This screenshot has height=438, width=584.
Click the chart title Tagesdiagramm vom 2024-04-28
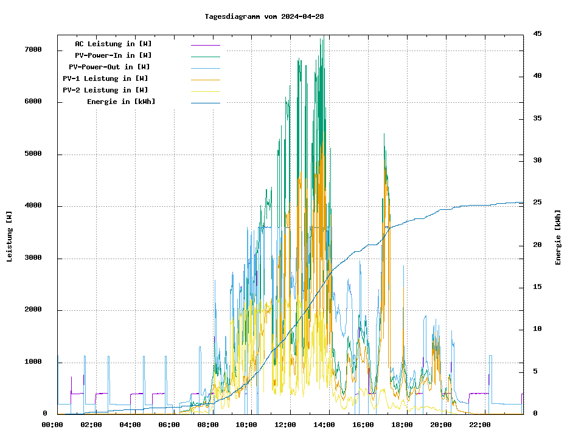pos(264,16)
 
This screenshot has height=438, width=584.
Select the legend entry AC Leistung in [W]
pos(113,44)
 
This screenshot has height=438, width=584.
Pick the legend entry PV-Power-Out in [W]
pos(109,67)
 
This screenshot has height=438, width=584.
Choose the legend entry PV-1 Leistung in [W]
pos(105,78)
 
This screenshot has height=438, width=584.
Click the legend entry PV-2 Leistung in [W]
pos(105,90)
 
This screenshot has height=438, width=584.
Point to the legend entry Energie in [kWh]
pos(121,102)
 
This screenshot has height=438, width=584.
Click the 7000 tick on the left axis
pos(33,50)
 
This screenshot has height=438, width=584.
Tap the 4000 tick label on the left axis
pos(33,206)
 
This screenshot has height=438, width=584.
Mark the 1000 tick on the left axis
pos(33,363)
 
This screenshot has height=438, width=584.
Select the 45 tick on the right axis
pos(537,34)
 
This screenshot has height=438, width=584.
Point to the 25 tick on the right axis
pos(537,203)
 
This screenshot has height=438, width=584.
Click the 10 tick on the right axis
pos(537,329)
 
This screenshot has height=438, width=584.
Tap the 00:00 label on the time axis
pos(52,425)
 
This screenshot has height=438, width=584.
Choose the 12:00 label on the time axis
pos(285,425)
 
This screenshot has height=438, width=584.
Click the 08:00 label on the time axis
pos(207,425)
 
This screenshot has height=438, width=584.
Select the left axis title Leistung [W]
pos(10,236)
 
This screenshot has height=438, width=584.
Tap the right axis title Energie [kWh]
pos(558,237)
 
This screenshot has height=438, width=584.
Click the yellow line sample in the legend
pos(205,91)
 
